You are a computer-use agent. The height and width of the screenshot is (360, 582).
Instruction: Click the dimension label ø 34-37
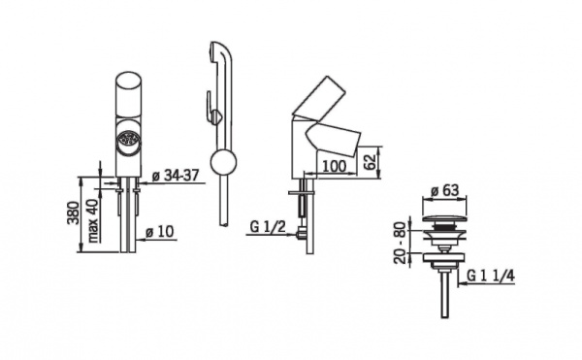(x=176, y=176)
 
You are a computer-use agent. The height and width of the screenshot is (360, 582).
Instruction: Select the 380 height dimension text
(x=73, y=213)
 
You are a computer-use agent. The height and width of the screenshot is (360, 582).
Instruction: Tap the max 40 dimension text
(x=93, y=220)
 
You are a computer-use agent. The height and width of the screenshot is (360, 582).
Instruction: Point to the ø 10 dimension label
(x=160, y=232)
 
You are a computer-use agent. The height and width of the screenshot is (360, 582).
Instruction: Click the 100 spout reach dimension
(x=334, y=166)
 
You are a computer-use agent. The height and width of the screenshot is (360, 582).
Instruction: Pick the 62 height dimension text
(x=370, y=161)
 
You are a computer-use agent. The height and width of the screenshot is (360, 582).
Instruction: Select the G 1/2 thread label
(x=268, y=226)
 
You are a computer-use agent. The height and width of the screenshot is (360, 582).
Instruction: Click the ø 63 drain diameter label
(x=444, y=191)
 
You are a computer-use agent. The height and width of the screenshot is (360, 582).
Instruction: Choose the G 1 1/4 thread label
(x=490, y=276)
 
